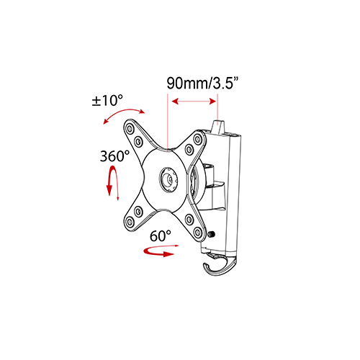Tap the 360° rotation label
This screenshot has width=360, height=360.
click(x=114, y=156)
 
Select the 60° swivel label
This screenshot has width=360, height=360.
click(x=161, y=235)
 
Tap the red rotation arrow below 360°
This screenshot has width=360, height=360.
click(x=110, y=180)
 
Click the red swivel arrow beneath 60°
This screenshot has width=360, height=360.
click(x=159, y=251)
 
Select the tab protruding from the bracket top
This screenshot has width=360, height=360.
click(x=219, y=125)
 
